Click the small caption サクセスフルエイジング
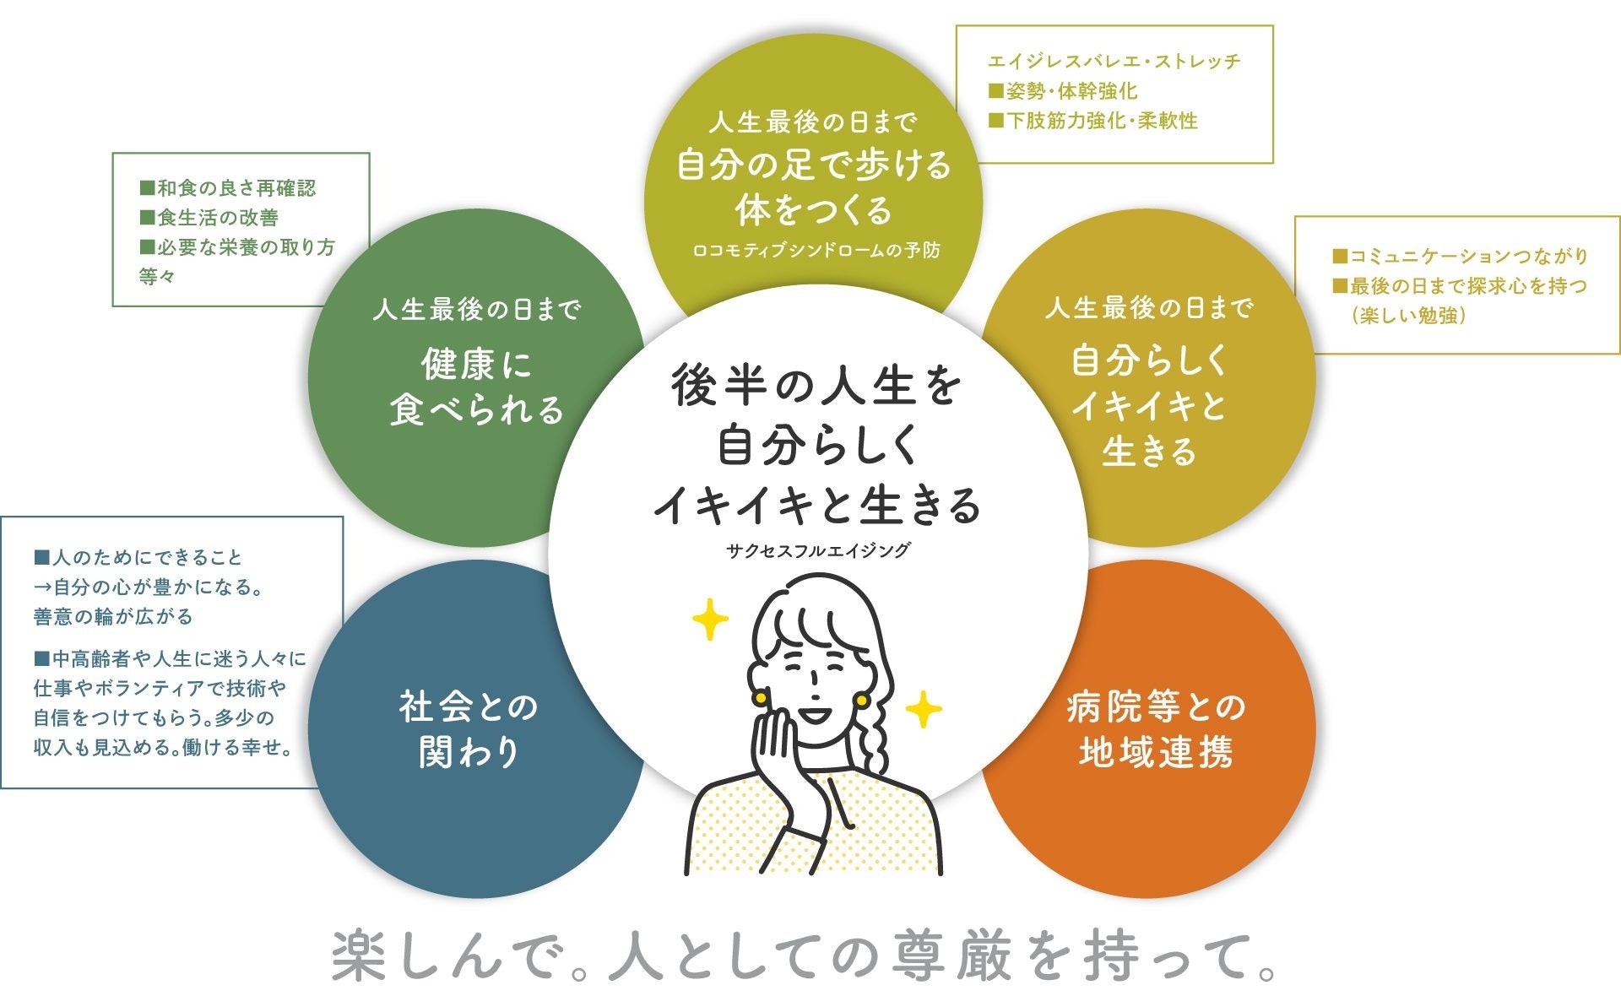pos(818,550)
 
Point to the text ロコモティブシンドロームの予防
pos(816,251)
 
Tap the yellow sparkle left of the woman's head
pos(710,620)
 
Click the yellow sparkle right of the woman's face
pos(924,709)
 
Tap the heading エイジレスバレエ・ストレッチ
pos(1114,61)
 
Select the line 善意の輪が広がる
pos(113,617)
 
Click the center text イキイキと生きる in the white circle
pos(816,504)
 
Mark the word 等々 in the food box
pos(157,276)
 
